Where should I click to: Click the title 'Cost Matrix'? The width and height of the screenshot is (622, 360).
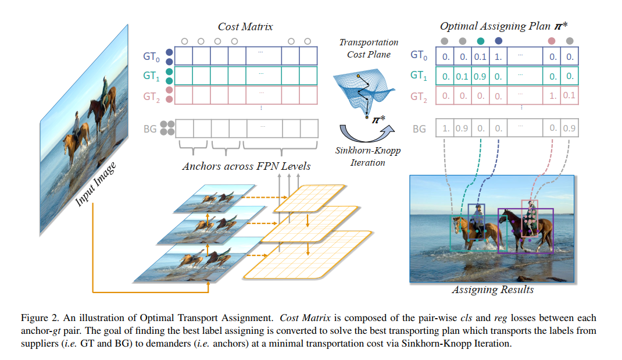tap(245, 27)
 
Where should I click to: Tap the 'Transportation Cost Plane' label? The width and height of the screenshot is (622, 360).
tap(369, 48)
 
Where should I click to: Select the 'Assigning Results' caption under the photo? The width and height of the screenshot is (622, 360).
tap(493, 290)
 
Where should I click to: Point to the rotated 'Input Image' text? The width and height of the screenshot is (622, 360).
tap(95, 184)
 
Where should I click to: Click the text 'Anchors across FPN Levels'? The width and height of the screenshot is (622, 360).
tap(246, 166)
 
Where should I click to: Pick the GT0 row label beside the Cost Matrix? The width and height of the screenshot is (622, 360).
tap(152, 56)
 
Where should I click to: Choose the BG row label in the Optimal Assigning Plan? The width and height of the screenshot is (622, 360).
tap(419, 129)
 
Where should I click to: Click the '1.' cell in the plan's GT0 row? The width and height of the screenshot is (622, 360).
tap(498, 56)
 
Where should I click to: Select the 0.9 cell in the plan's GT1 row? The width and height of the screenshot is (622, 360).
tap(480, 76)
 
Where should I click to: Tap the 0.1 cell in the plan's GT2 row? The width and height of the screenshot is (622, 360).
tap(569, 95)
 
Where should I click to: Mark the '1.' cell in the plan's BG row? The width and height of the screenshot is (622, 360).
tap(445, 128)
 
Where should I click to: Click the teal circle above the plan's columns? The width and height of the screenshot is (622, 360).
tap(480, 41)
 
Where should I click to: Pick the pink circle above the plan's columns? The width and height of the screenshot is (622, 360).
tap(552, 41)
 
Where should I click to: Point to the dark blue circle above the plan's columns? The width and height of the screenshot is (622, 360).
tap(499, 41)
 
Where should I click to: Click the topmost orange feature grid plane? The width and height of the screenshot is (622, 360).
tap(309, 198)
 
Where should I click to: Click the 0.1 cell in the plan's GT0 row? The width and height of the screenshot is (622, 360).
tap(480, 56)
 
